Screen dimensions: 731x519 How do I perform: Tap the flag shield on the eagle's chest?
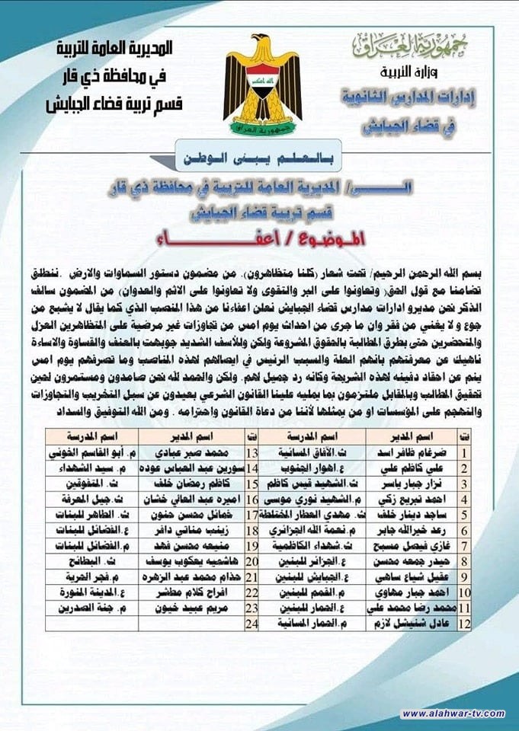point(262,80)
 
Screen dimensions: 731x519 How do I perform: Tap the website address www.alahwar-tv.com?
point(453,713)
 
